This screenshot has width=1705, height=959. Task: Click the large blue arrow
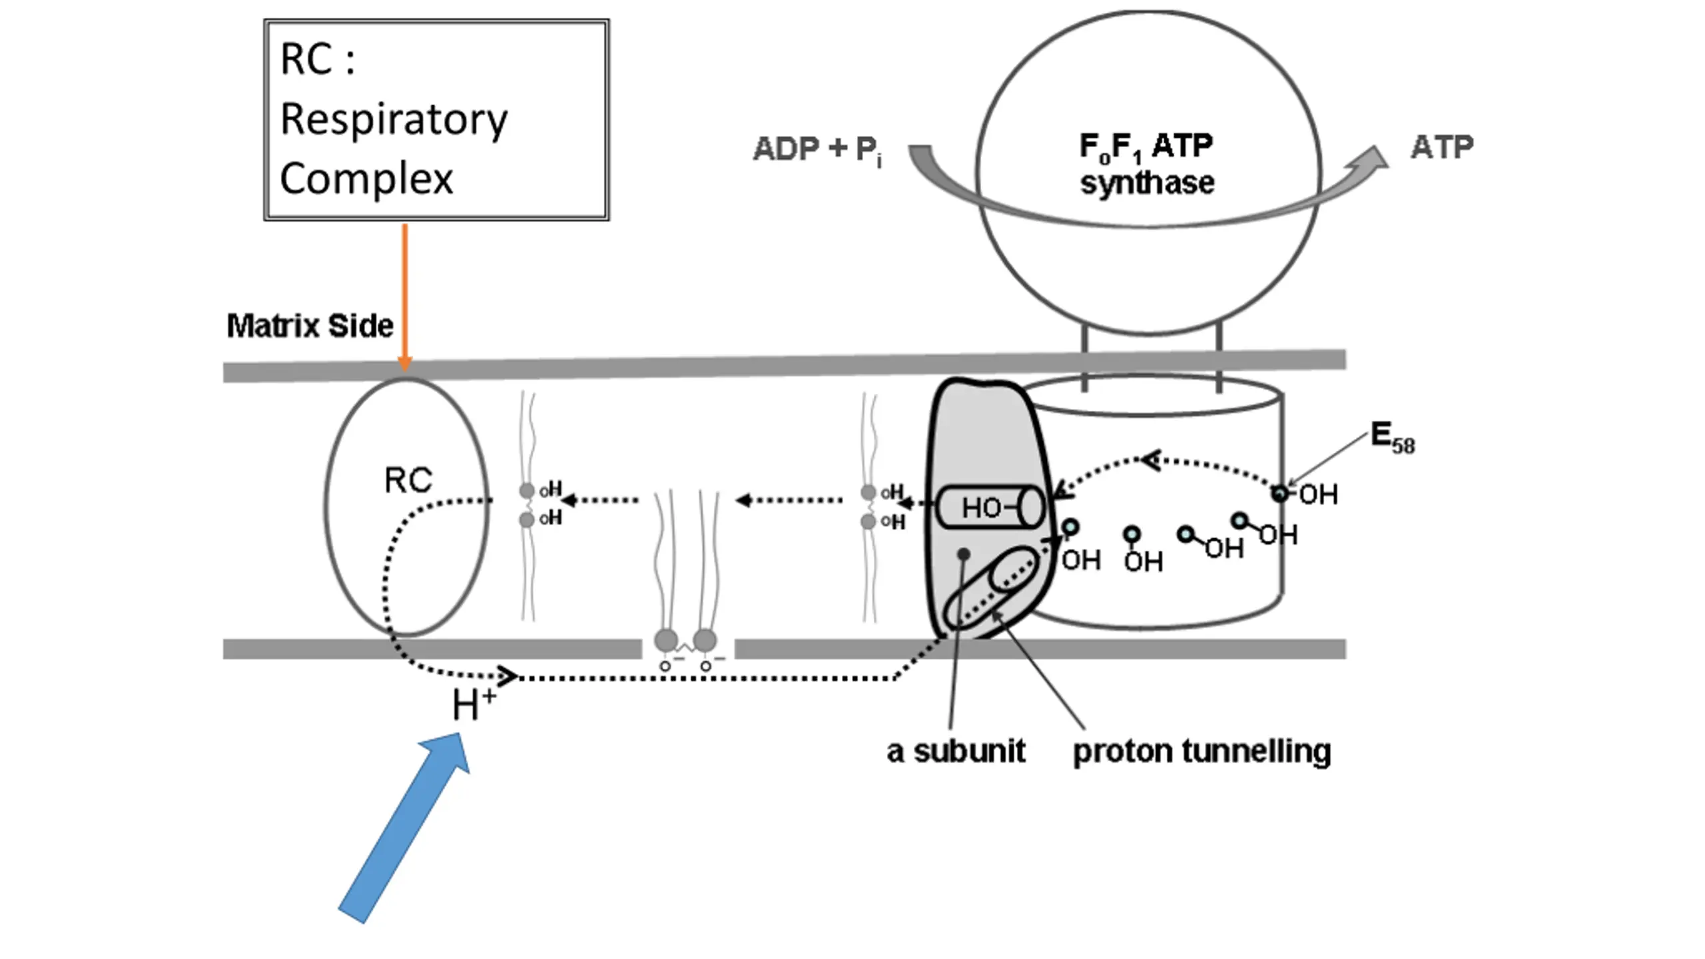[404, 828]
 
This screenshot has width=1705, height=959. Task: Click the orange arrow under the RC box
[404, 297]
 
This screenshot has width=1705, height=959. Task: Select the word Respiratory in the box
[394, 120]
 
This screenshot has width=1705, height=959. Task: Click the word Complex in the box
[366, 178]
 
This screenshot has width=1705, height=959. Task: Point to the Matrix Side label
[310, 326]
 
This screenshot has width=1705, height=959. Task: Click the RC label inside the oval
[408, 479]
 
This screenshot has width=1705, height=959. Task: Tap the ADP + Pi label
[818, 149]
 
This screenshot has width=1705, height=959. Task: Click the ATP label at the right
[1442, 147]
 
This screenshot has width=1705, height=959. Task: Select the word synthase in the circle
[1147, 182]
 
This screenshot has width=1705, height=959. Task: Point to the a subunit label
[956, 751]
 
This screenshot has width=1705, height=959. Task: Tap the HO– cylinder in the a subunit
[990, 507]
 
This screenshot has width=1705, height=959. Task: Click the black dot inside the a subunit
[964, 553]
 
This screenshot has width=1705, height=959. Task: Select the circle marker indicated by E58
[1279, 493]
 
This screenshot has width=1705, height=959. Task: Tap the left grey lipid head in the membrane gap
[666, 641]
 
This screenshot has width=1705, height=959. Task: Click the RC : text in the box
[318, 59]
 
